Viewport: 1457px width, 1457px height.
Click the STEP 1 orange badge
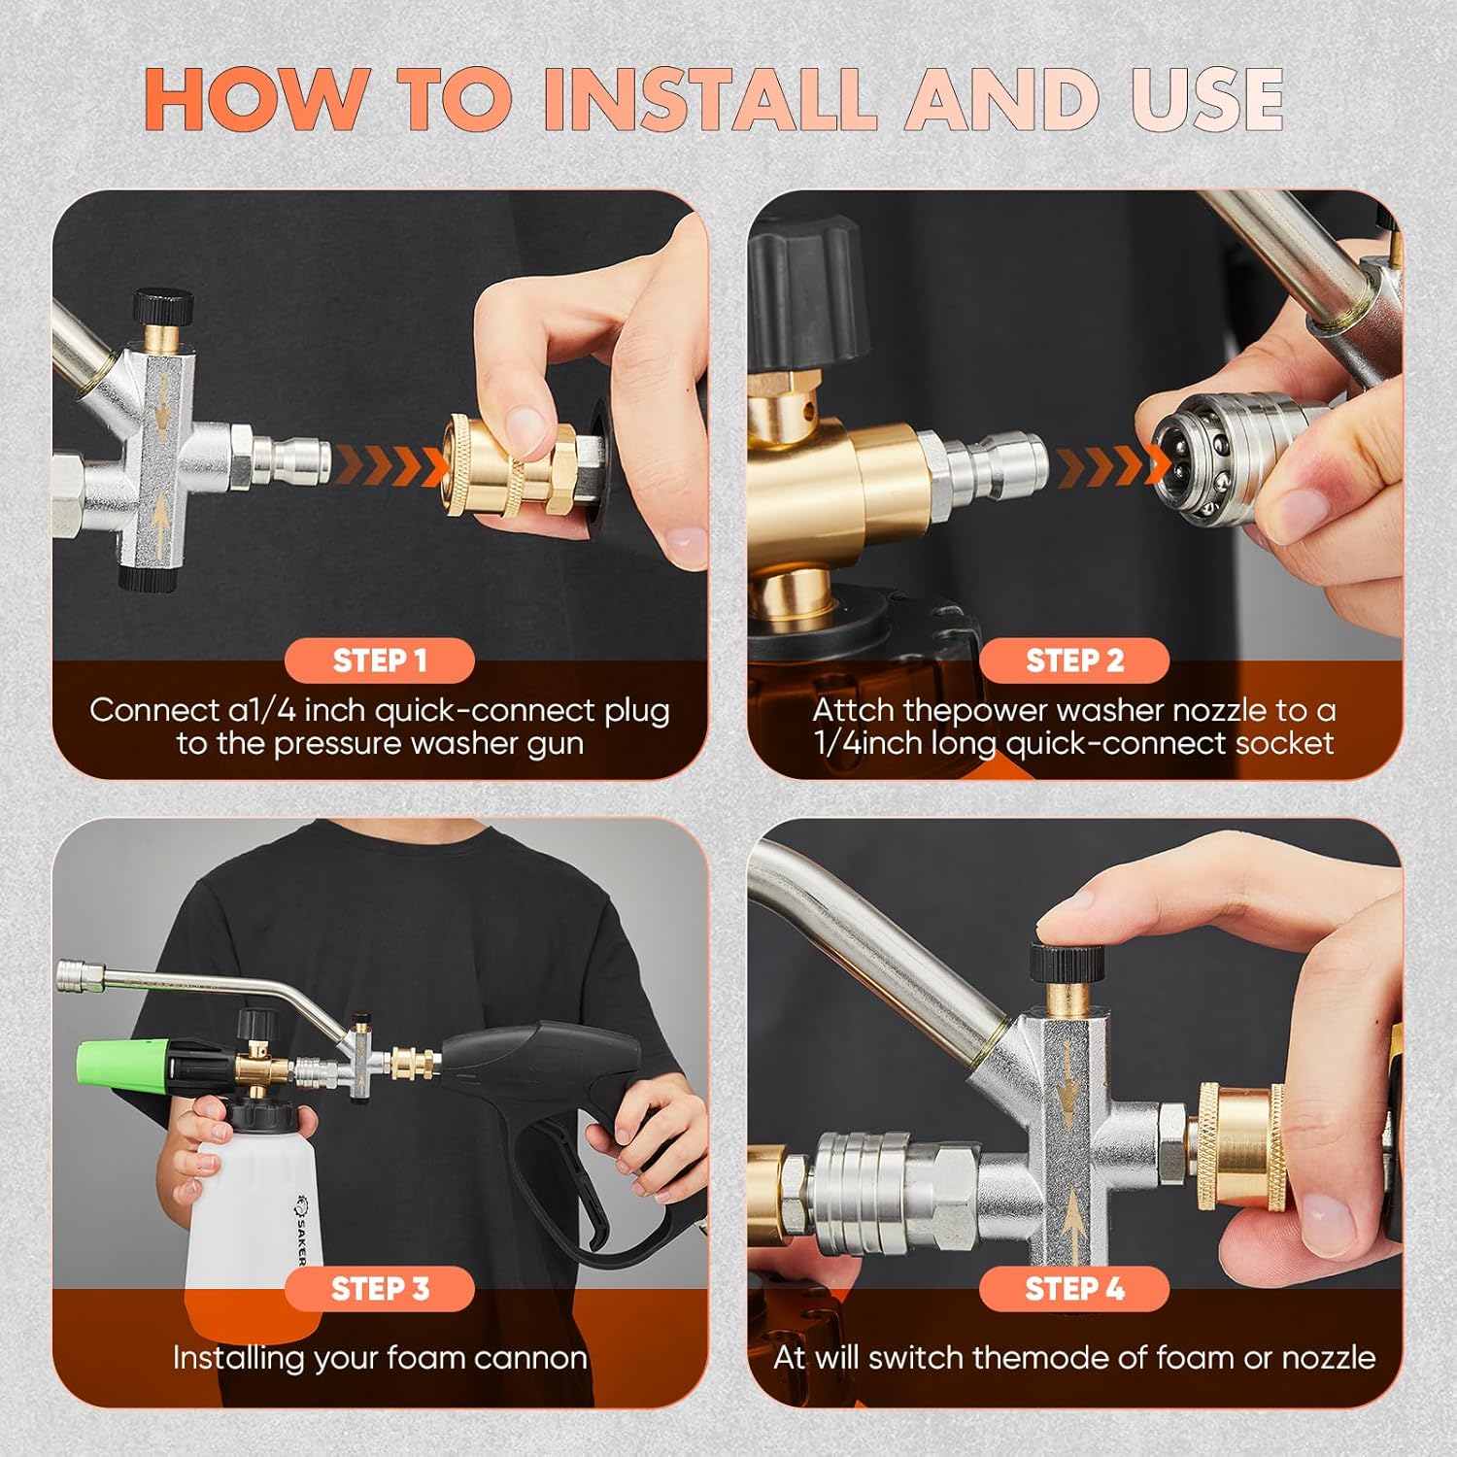point(379,661)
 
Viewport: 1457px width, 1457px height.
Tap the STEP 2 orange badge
point(1074,661)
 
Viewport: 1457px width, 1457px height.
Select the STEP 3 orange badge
point(379,1289)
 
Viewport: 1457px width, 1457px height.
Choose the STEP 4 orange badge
point(1074,1289)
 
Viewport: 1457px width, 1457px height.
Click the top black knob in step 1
point(163,308)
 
